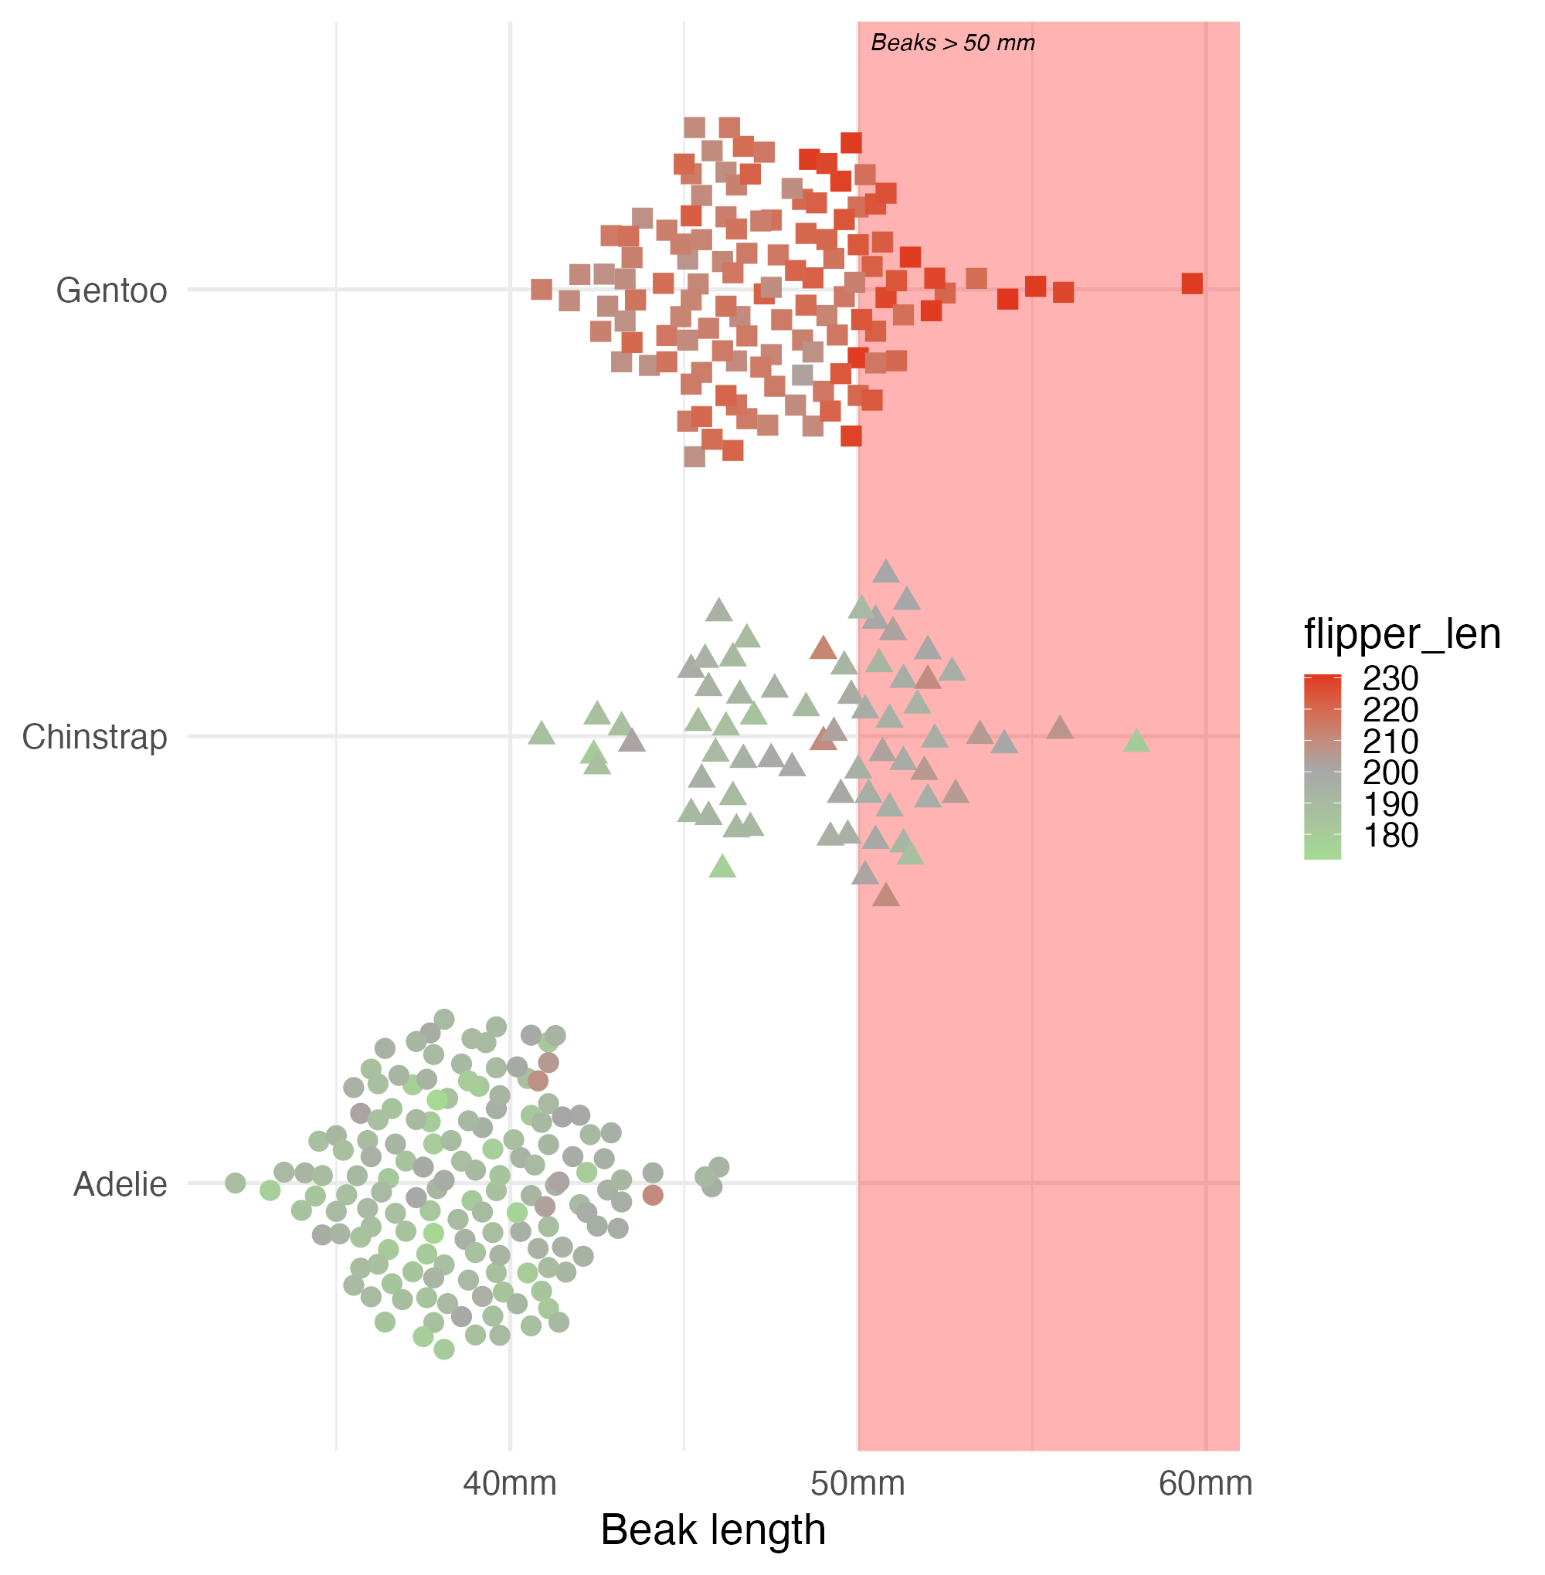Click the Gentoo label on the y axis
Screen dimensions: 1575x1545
point(111,290)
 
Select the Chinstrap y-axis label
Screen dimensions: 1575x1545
point(94,737)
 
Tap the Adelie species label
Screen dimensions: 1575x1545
point(120,1185)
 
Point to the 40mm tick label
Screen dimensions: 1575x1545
point(510,1483)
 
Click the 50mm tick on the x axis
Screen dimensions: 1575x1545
point(857,1483)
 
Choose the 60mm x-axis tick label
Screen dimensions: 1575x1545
point(1205,1483)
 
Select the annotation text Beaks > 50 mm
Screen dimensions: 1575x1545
point(952,43)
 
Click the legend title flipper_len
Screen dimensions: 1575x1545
point(1401,633)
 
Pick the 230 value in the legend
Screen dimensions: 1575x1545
point(1390,678)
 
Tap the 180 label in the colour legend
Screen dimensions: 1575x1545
point(1390,836)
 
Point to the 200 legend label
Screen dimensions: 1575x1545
point(1390,772)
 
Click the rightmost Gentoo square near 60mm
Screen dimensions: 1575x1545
point(1191,283)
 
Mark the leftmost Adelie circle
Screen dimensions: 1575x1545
point(236,1183)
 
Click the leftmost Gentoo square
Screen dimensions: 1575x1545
point(542,289)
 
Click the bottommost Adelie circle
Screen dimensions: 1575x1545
point(444,1349)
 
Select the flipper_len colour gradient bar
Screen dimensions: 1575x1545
point(1322,766)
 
